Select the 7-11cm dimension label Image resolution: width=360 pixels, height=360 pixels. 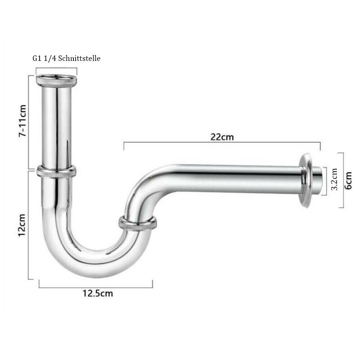coord(22,120)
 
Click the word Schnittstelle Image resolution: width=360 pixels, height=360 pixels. coord(80,58)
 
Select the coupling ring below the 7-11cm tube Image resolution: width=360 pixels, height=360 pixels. coord(57,171)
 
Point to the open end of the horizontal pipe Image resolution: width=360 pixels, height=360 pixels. coord(318,180)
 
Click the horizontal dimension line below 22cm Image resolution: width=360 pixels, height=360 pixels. coord(222,144)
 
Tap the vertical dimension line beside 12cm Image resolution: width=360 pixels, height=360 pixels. coord(29,225)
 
